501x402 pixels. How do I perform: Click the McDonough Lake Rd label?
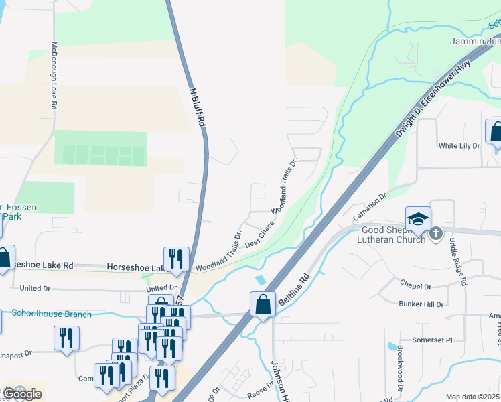[x=54, y=76]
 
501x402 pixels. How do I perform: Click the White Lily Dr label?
[x=459, y=145]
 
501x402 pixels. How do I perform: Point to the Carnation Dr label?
[x=370, y=208]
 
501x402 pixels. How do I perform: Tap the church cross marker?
[x=436, y=233]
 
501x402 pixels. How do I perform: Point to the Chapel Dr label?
[x=415, y=286]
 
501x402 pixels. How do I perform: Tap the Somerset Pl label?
[x=432, y=340]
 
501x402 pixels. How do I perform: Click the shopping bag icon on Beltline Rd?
[x=263, y=304]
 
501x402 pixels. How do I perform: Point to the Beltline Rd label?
[x=293, y=290]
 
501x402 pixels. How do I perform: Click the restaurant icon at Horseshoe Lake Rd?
[x=176, y=259]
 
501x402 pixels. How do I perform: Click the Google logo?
[x=23, y=394]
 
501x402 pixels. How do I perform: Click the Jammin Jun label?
[x=474, y=42]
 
